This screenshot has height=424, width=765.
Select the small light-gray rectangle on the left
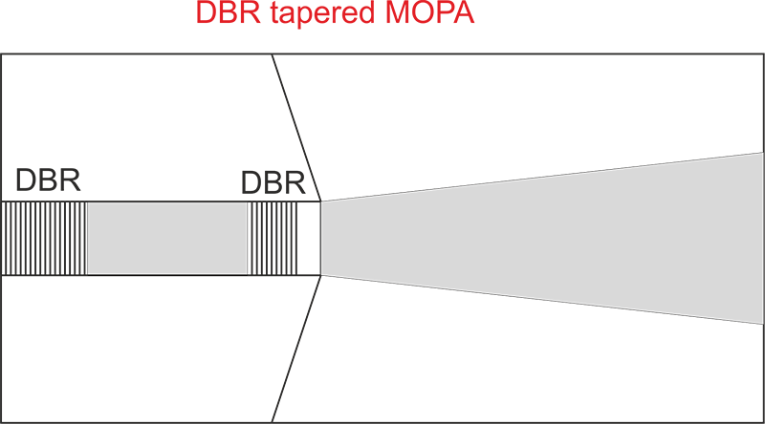click(167, 238)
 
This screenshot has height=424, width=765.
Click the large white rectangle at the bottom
click(528, 370)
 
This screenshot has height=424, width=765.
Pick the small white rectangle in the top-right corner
click(734, 26)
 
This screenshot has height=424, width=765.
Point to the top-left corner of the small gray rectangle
click(88, 202)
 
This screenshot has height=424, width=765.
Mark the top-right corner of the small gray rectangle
click(247, 202)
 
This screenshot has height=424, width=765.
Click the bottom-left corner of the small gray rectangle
click(88, 274)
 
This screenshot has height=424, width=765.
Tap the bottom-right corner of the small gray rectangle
click(247, 274)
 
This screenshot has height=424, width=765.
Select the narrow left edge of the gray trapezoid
click(322, 238)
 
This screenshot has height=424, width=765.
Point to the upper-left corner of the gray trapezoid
click(321, 201)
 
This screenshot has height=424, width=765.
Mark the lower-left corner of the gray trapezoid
click(321, 275)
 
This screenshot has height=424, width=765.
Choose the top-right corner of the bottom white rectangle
click(705, 320)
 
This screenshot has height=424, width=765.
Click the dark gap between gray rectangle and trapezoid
click(284, 238)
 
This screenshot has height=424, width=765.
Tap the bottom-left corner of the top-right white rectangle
click(706, 52)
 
